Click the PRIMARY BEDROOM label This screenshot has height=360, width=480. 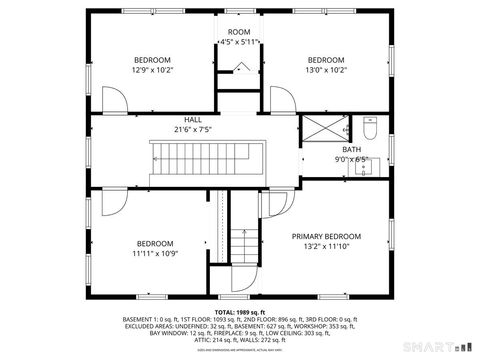click(x=326, y=237)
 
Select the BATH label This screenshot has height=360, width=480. click(x=352, y=149)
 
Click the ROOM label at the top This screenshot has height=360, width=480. click(x=238, y=33)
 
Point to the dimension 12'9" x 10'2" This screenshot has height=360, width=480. click(x=152, y=70)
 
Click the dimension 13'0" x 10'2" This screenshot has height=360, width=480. click(x=326, y=70)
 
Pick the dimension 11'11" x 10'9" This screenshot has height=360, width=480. click(x=155, y=253)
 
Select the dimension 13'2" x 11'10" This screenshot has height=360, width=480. click(x=326, y=247)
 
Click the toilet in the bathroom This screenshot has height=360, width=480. click(x=368, y=130)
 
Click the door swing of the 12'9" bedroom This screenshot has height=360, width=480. click(x=115, y=101)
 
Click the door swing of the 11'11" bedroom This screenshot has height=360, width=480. click(x=110, y=202)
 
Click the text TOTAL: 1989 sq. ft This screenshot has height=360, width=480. click(x=239, y=313)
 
